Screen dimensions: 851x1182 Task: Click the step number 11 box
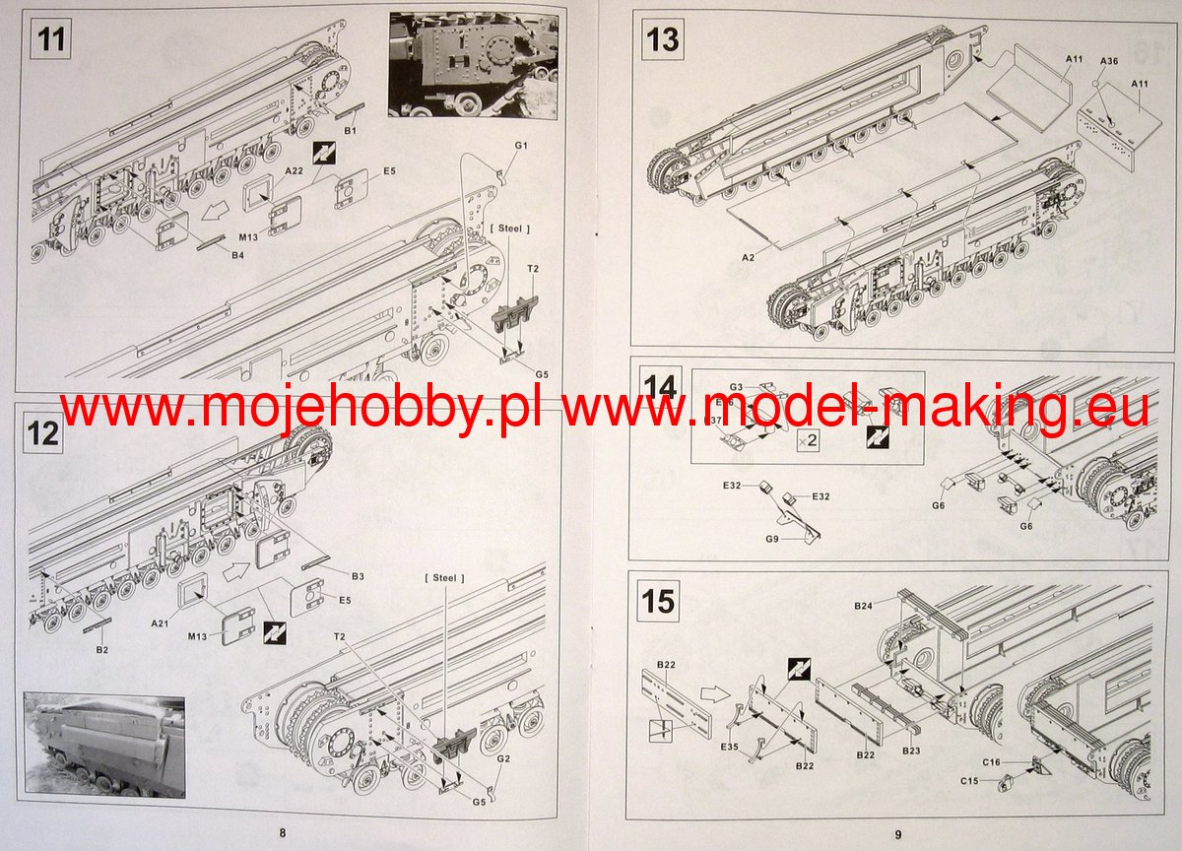(50, 42)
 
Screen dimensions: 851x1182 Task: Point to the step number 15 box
(658, 600)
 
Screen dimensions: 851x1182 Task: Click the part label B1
(350, 130)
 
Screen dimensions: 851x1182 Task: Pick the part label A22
(265, 170)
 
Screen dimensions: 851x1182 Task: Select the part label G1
(522, 146)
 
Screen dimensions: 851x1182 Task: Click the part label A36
(1108, 61)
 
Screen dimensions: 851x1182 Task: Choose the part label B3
(358, 575)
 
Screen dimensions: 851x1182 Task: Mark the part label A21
(161, 623)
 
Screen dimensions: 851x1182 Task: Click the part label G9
(770, 539)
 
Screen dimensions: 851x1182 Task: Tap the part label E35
(729, 748)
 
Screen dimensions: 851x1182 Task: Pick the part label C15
(971, 782)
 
